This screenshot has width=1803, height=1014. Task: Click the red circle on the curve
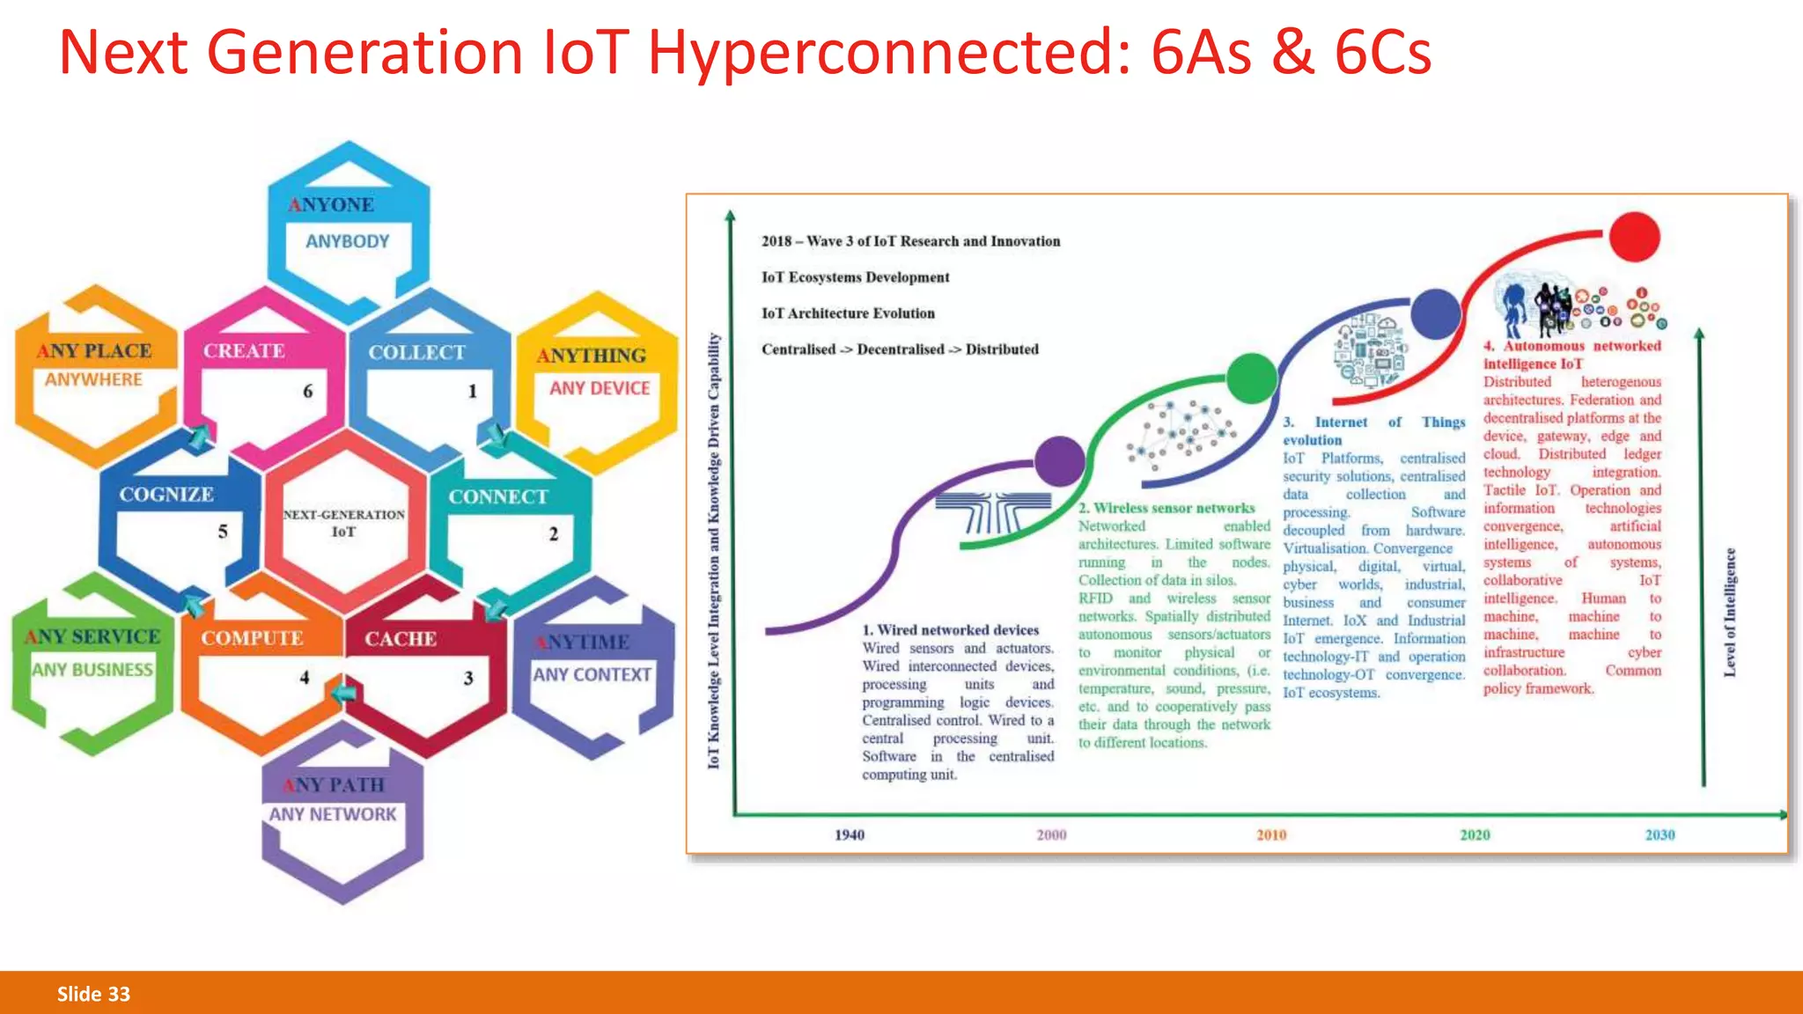coord(1634,237)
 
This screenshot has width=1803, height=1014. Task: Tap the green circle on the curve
coord(1251,378)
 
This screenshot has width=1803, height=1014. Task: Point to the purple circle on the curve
coord(1059,460)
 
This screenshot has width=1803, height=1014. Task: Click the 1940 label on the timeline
coord(850,834)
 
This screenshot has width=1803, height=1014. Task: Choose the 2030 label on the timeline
coord(1659,834)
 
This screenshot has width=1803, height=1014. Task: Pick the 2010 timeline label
coord(1270,834)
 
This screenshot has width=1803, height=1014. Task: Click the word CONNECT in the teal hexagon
coord(498,496)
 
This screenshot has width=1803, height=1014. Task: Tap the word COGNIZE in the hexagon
coord(166,495)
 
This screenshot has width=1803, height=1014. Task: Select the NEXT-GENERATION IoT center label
coord(344,523)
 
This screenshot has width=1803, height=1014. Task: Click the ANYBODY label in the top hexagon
coord(347,241)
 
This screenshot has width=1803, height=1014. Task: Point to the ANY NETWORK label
coord(333,814)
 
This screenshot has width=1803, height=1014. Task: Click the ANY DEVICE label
coord(600,388)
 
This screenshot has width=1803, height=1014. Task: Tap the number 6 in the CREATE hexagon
coord(308,391)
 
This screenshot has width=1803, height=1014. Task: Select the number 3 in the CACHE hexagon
coord(468,678)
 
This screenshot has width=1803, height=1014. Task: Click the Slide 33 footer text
coord(93,994)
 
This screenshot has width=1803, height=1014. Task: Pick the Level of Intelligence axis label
coord(1730,613)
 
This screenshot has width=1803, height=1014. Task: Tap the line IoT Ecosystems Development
coord(855,277)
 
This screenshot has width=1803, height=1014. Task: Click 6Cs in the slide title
coord(1382,53)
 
